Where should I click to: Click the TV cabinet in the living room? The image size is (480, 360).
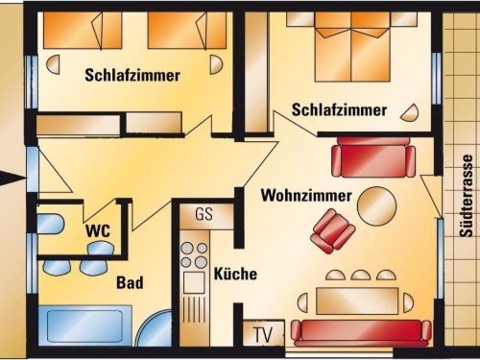coord(263,333)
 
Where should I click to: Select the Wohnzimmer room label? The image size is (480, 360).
coord(306,195)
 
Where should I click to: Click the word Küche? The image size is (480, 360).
coord(235,274)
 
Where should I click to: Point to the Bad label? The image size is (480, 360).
coord(130,282)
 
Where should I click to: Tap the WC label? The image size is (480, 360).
coord(98,230)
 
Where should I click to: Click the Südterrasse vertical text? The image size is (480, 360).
coord(467,196)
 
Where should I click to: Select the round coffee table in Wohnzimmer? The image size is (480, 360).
coord(376,206)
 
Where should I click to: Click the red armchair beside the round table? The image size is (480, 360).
coord(333,231)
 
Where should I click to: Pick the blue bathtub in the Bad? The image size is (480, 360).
coord(85,325)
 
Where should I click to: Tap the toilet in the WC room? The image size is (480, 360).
coord(50,224)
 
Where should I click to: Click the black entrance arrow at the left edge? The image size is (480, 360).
coord(12,178)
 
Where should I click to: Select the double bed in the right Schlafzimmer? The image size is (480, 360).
coord(352,47)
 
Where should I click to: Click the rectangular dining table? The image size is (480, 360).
coord(357,301)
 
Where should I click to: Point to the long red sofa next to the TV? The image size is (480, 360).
coord(361,333)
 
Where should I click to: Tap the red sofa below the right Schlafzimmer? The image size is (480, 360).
coord(373,157)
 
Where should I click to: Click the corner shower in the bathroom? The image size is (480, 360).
coord(156,328)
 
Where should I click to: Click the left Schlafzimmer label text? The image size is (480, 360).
coord(132,76)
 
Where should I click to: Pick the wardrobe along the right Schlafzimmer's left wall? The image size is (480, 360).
coord(256,72)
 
